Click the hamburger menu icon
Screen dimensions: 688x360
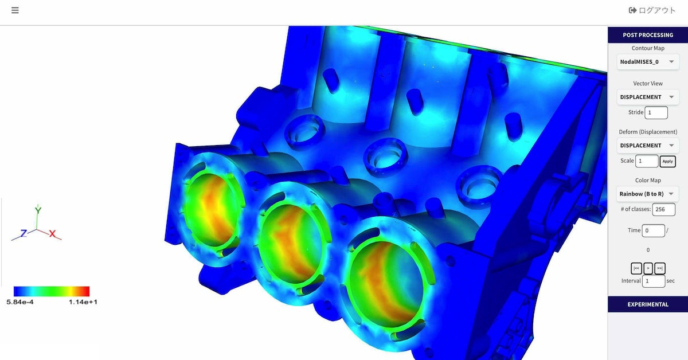[x=15, y=10]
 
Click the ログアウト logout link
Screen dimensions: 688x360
[x=652, y=10]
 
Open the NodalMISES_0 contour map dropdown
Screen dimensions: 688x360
[x=648, y=62]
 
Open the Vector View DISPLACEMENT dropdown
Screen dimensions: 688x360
[x=648, y=97]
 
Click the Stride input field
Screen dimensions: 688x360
[x=656, y=112]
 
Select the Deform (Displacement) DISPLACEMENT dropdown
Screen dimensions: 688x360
[x=648, y=146]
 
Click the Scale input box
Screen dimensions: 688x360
[x=647, y=161]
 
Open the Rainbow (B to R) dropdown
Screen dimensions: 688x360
[x=648, y=194]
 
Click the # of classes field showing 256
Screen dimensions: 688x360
[x=664, y=209]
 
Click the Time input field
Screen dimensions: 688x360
[x=653, y=230]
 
